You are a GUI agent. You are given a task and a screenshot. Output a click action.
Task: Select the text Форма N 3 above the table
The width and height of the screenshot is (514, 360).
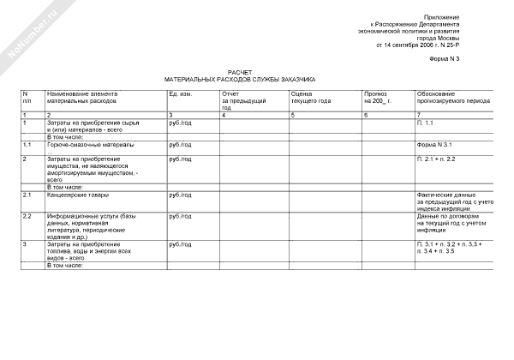click(445, 57)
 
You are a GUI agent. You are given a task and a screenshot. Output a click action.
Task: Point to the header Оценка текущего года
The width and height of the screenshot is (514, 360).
click(311, 97)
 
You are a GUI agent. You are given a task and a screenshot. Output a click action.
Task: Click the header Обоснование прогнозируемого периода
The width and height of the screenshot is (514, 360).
click(453, 97)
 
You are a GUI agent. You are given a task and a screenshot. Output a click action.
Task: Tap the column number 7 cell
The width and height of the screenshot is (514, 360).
click(419, 115)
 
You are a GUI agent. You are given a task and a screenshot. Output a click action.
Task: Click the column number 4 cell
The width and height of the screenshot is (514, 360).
click(224, 115)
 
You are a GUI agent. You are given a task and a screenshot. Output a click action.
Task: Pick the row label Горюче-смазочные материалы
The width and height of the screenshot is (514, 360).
click(91, 146)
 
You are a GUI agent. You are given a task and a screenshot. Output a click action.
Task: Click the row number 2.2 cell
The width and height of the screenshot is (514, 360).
click(27, 216)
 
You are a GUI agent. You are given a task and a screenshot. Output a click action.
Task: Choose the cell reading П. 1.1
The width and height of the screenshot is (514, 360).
click(426, 124)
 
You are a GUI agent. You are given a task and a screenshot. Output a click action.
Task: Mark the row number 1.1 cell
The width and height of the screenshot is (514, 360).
click(27, 146)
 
